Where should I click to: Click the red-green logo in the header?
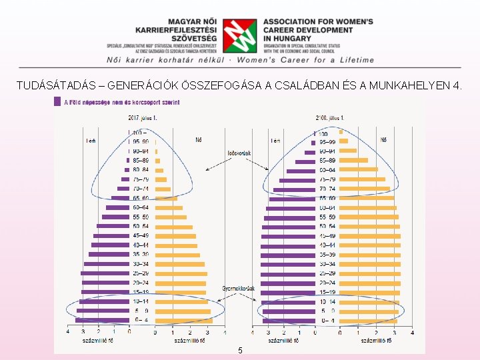click(x=239, y=35)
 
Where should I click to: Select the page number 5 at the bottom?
click(x=240, y=351)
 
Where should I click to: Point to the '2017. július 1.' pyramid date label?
click(x=143, y=118)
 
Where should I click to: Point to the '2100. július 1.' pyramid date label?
click(x=330, y=118)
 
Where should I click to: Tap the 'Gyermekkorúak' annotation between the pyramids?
click(x=239, y=289)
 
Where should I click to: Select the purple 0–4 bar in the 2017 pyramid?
click(x=103, y=321)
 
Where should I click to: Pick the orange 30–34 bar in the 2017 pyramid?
click(x=180, y=264)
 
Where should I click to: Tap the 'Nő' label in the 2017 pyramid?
click(x=199, y=140)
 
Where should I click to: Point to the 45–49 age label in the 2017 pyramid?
click(x=141, y=236)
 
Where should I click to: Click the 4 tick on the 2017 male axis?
click(x=68, y=332)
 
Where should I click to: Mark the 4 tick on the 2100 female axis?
click(x=413, y=332)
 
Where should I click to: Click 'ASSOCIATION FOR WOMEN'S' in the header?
click(x=318, y=21)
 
